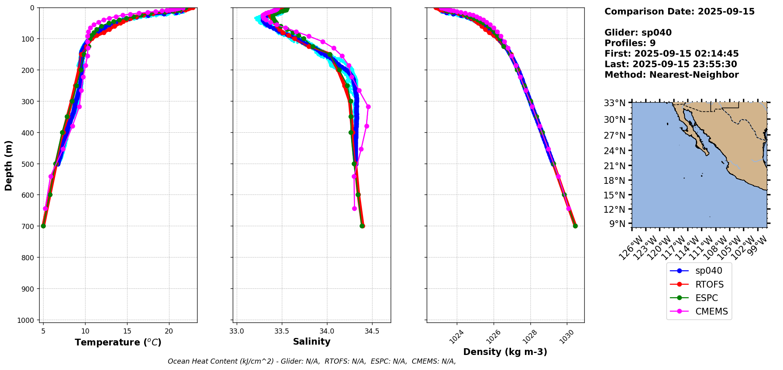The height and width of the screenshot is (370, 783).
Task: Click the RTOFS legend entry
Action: [709, 284]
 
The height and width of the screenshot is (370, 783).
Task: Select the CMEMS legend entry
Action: [711, 312]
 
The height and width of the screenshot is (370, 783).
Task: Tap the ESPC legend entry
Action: [706, 298]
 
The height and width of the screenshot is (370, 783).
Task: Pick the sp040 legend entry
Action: [709, 271]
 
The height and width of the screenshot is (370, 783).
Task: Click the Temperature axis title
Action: [118, 342]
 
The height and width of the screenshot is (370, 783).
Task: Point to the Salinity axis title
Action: [312, 342]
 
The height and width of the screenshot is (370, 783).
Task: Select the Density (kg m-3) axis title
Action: [505, 352]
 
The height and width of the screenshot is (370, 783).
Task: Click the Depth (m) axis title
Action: [9, 165]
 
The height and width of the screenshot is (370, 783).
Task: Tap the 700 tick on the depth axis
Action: [29, 226]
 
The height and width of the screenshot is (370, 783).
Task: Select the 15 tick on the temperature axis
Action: [127, 331]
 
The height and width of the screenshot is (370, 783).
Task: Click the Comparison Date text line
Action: [679, 11]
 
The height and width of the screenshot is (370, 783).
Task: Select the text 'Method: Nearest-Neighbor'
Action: [671, 75]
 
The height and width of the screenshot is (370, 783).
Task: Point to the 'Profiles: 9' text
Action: [630, 43]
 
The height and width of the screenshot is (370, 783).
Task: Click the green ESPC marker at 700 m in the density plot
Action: [575, 226]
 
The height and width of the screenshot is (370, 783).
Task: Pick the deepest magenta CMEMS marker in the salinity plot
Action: [354, 208]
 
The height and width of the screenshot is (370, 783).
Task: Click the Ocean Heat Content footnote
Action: [312, 361]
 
